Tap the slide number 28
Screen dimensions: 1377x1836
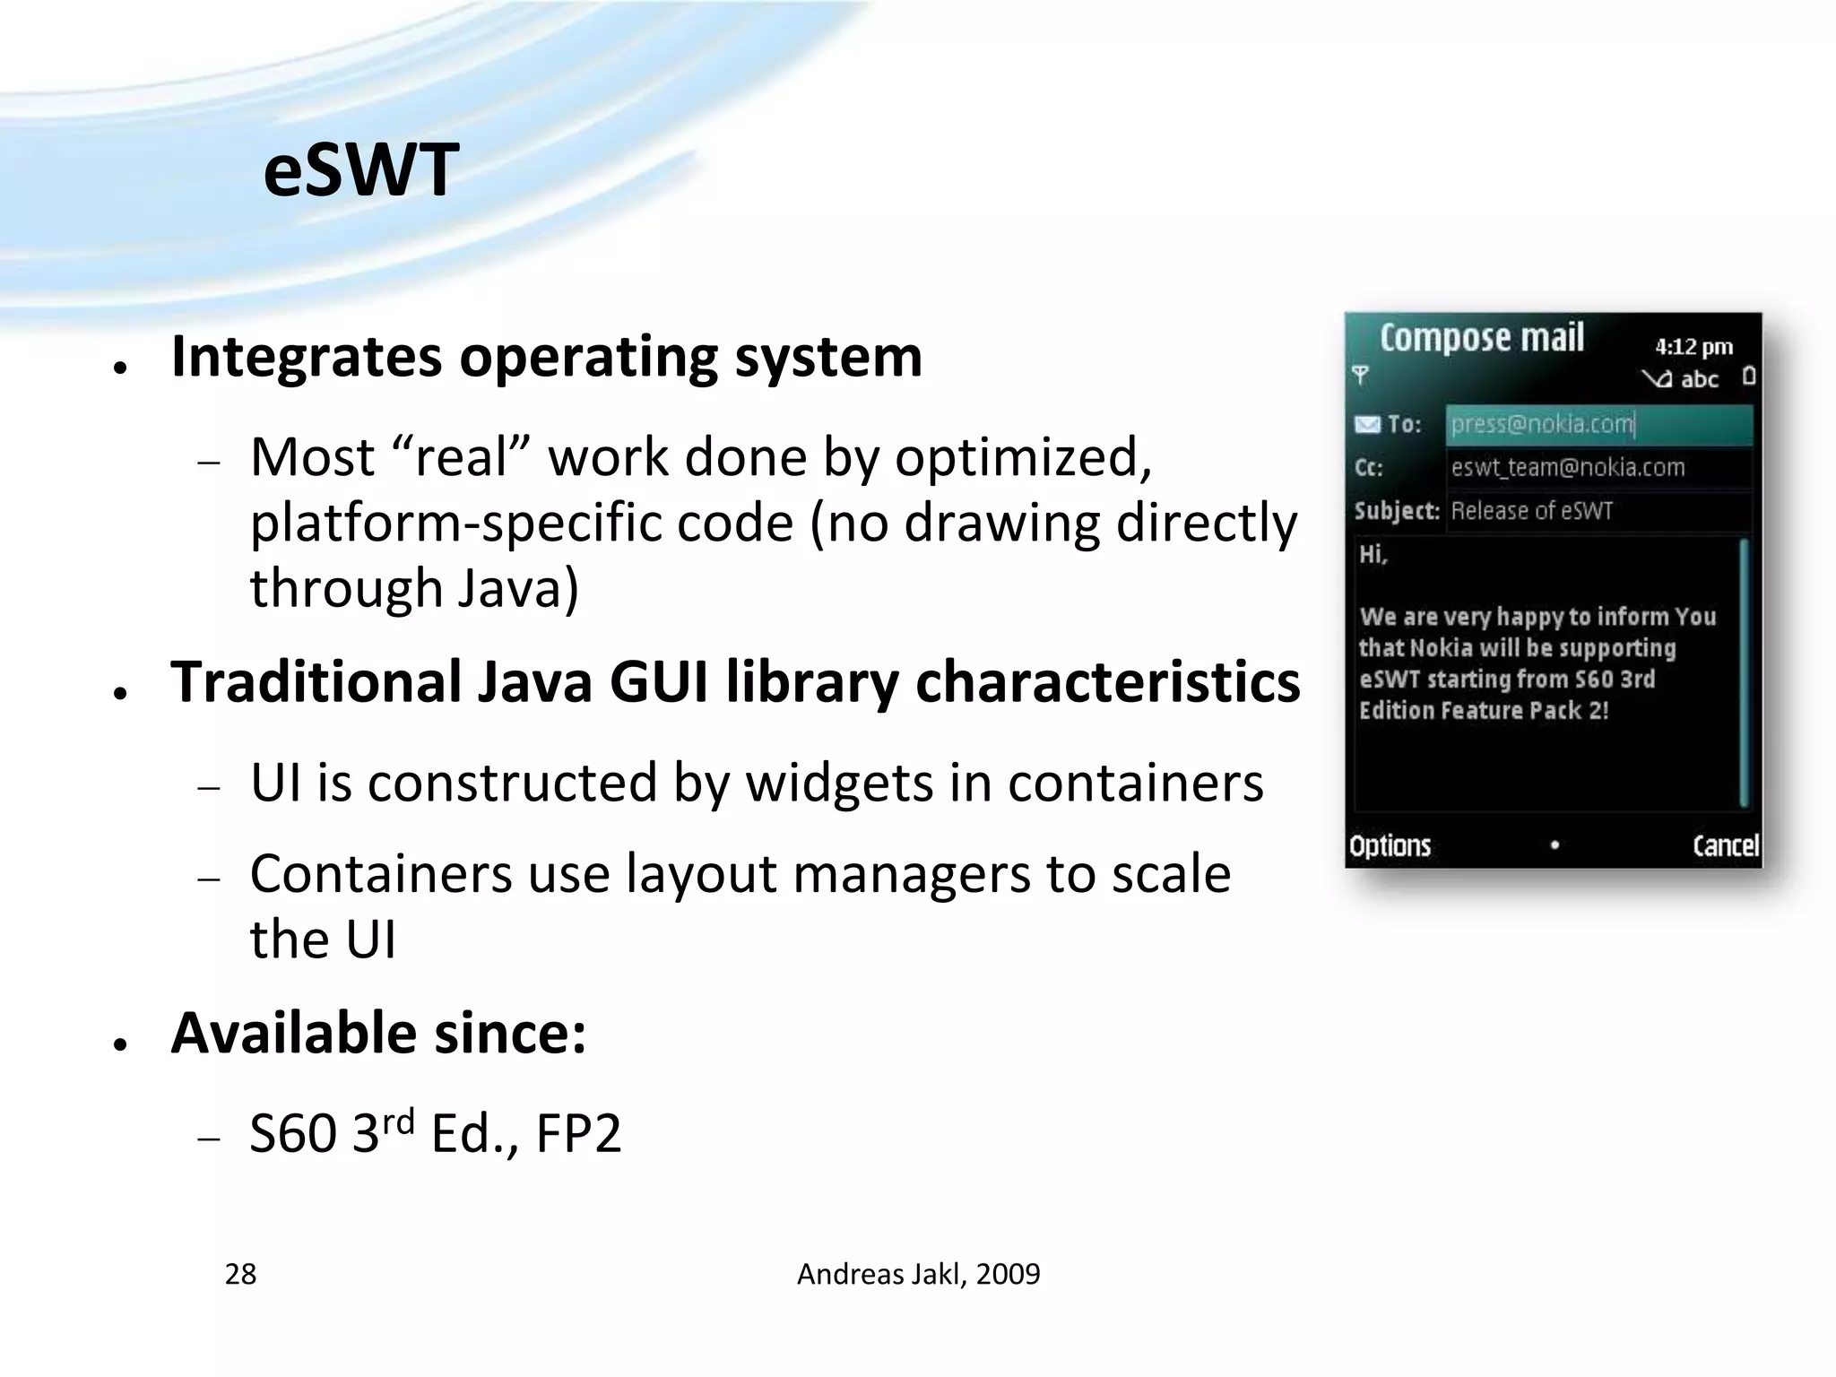tap(240, 1274)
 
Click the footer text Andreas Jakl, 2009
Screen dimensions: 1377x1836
tap(918, 1274)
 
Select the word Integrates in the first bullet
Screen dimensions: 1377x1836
tap(306, 357)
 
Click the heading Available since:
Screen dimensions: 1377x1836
tap(378, 1034)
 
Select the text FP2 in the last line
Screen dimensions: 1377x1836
tap(578, 1134)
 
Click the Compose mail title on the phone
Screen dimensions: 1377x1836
tap(1481, 338)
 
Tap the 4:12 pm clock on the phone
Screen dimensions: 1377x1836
tap(1693, 347)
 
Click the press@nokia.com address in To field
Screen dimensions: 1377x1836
tap(1542, 424)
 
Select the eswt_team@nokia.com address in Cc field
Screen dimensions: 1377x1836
tap(1567, 468)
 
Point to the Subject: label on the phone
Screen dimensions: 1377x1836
tap(1396, 511)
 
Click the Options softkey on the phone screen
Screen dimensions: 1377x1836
tap(1390, 845)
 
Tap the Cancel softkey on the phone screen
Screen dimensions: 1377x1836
tap(1725, 845)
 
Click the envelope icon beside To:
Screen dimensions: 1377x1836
tap(1366, 424)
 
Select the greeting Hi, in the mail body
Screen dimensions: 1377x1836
tap(1373, 555)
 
